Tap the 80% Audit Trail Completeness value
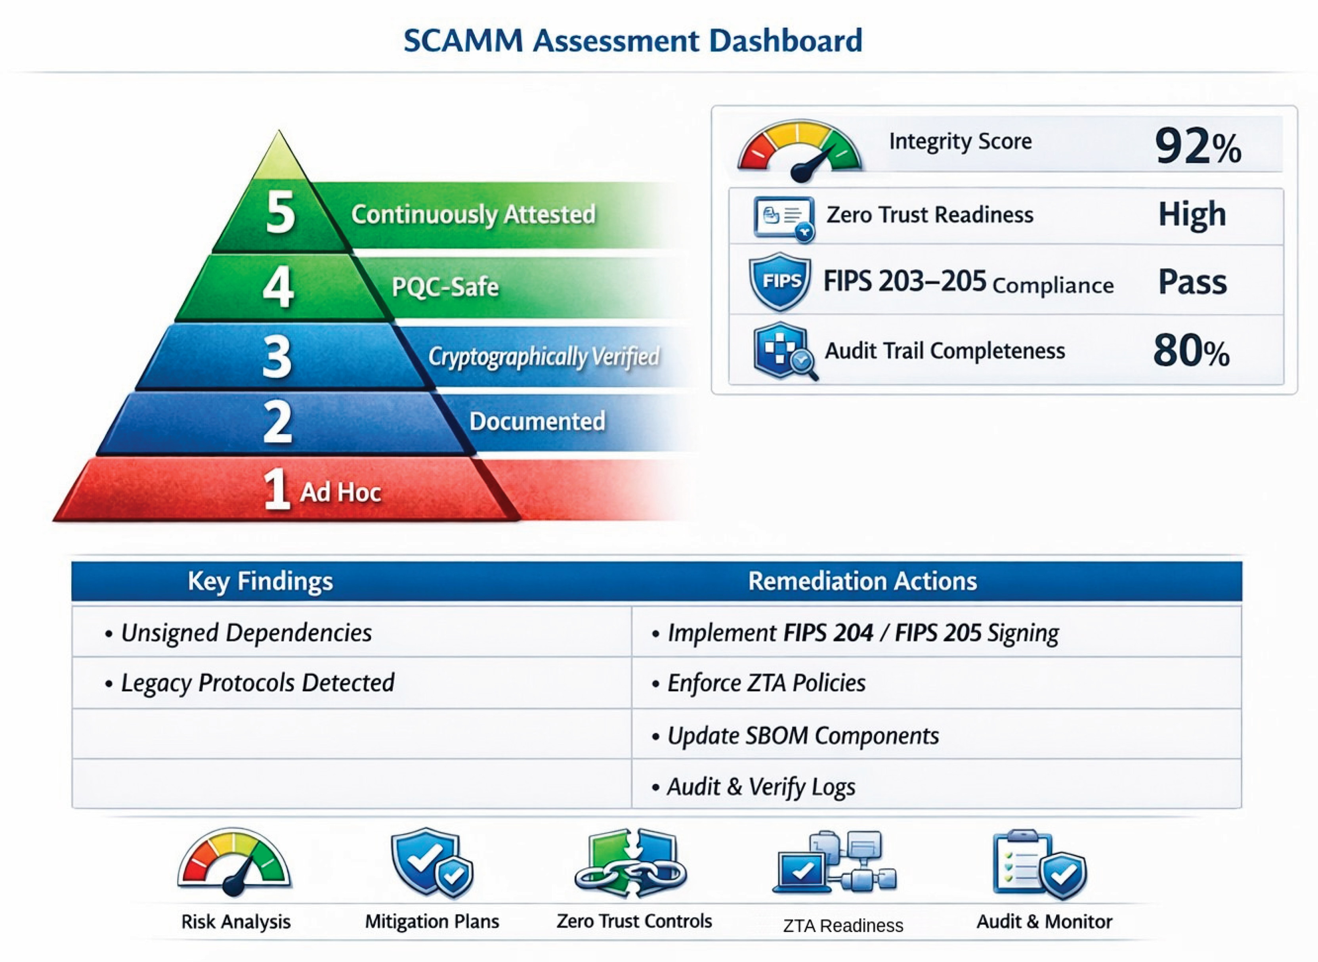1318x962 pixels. [1191, 350]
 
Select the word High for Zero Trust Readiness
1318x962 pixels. [1192, 215]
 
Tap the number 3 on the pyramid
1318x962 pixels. [277, 356]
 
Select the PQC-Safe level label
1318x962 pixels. [445, 287]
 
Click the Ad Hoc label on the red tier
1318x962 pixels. [340, 492]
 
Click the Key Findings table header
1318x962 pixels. [260, 581]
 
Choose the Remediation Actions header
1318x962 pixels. [862, 581]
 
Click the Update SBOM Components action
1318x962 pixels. [803, 736]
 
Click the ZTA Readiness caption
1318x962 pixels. [843, 926]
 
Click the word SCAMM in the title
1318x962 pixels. [463, 41]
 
